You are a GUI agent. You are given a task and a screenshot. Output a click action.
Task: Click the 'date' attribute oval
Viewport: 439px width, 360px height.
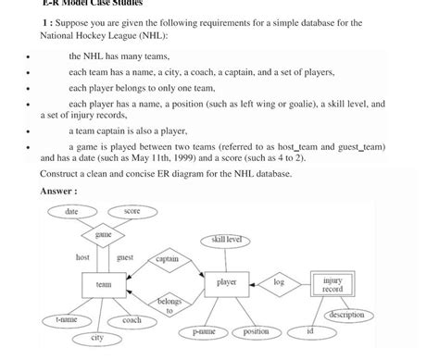click(x=71, y=212)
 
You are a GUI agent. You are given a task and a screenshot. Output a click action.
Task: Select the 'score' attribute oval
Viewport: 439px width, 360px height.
click(x=132, y=212)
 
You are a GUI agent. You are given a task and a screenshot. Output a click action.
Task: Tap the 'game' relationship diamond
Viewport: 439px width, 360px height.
click(x=104, y=234)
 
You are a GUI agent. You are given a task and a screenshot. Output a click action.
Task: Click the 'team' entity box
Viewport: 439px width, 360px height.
click(x=104, y=283)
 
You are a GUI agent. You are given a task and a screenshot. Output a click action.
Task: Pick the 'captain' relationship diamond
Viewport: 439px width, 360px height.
click(x=167, y=259)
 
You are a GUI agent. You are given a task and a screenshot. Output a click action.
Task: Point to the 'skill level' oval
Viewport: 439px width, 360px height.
click(x=225, y=240)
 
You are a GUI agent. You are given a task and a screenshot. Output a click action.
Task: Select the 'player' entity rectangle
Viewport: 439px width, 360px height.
click(x=226, y=282)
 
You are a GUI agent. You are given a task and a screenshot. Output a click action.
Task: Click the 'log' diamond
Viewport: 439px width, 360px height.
click(x=279, y=282)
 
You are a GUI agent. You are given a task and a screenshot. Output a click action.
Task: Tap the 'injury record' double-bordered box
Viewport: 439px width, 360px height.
click(x=332, y=283)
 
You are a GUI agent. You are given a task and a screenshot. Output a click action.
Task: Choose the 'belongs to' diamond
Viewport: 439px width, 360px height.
click(x=169, y=305)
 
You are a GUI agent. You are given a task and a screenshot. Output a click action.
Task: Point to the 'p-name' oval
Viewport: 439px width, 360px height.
click(x=204, y=331)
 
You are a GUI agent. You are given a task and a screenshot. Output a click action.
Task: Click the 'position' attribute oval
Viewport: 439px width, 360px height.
click(x=256, y=331)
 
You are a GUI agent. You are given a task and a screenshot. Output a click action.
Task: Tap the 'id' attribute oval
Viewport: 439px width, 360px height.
click(x=310, y=330)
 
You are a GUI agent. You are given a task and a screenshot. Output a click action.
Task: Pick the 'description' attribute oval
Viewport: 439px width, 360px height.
click(x=345, y=315)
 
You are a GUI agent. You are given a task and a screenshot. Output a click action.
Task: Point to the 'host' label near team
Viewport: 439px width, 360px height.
click(x=82, y=257)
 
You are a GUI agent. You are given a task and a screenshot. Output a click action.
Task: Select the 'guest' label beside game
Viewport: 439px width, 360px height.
click(x=125, y=257)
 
